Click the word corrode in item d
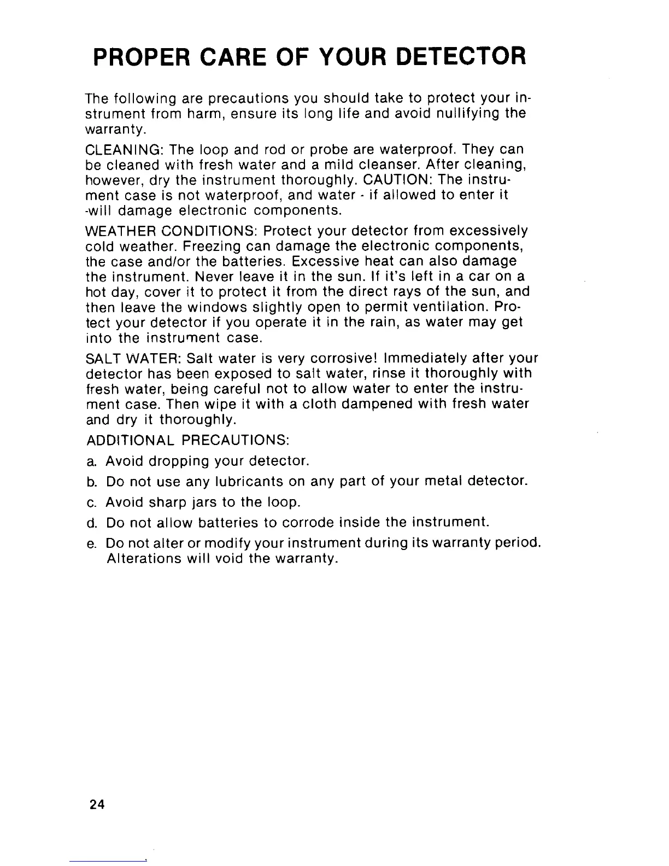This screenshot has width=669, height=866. coord(307,523)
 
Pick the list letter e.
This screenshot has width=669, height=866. coord(91,544)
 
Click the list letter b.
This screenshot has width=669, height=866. coord(91,482)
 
